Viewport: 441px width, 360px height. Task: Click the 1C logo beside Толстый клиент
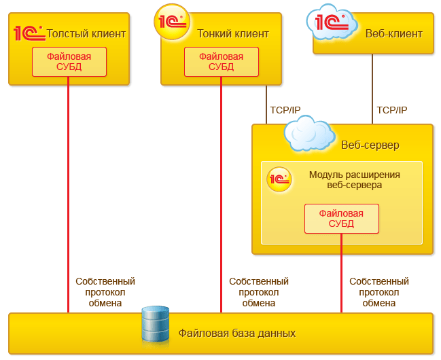pyautogui.click(x=29, y=33)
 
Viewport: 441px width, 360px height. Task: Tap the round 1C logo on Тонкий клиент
pyautogui.click(x=172, y=22)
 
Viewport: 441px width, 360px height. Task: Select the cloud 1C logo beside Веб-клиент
pyautogui.click(x=332, y=22)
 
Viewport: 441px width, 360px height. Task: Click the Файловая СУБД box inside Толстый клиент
pyautogui.click(x=69, y=62)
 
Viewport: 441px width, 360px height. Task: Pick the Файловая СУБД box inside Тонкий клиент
pyautogui.click(x=222, y=62)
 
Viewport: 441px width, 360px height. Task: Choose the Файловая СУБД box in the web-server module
pyautogui.click(x=341, y=219)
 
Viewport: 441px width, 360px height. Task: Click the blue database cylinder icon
pyautogui.click(x=156, y=324)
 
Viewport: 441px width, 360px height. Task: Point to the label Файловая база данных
pyautogui.click(x=237, y=334)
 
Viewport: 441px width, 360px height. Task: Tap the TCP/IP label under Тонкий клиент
pyautogui.click(x=285, y=110)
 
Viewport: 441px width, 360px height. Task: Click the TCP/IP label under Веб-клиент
pyautogui.click(x=392, y=110)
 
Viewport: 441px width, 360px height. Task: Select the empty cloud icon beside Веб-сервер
pyautogui.click(x=309, y=134)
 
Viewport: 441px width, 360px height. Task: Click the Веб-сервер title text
pyautogui.click(x=370, y=145)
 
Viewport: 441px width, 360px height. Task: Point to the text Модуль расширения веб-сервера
pyautogui.click(x=355, y=180)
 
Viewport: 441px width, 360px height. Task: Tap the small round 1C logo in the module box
pyautogui.click(x=279, y=179)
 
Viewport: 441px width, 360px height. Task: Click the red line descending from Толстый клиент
pyautogui.click(x=68, y=194)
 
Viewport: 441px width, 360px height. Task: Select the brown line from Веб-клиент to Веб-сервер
pyautogui.click(x=372, y=89)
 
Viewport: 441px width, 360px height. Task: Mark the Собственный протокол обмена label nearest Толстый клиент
pyautogui.click(x=105, y=292)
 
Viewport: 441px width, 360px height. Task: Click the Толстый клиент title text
pyautogui.click(x=86, y=33)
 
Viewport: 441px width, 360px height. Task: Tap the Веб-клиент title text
pyautogui.click(x=393, y=34)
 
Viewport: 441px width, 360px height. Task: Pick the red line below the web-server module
pyautogui.click(x=341, y=273)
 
